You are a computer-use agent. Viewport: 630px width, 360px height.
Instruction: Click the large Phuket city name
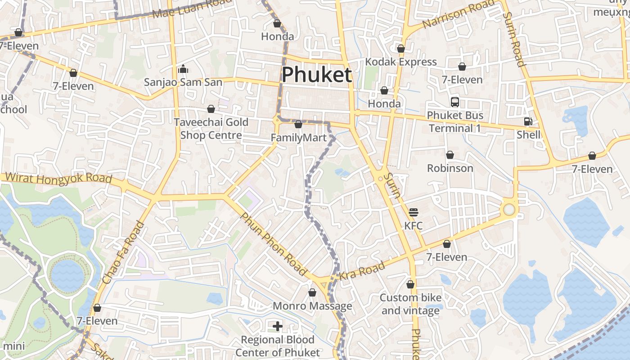click(316, 75)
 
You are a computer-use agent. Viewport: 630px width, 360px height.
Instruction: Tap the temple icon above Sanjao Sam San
click(183, 69)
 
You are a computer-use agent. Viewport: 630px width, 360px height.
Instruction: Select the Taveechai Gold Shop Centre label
click(211, 129)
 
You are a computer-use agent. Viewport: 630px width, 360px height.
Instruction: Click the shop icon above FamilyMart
click(298, 124)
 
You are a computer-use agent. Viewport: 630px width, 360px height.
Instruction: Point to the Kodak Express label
click(400, 62)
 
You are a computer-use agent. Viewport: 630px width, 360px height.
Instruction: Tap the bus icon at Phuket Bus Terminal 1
click(455, 102)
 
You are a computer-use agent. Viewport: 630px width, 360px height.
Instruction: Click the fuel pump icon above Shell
click(528, 121)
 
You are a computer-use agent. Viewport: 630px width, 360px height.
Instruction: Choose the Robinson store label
click(450, 168)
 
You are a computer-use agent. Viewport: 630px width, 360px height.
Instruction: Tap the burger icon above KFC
click(413, 212)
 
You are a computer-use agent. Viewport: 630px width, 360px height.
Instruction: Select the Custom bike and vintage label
click(410, 304)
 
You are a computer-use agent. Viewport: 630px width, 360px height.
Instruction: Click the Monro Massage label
click(312, 306)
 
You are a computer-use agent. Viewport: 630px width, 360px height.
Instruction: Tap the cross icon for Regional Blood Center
click(278, 326)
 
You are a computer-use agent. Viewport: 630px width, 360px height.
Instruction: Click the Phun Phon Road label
click(273, 244)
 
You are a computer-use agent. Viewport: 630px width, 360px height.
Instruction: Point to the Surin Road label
click(514, 40)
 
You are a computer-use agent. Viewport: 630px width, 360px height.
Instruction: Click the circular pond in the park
click(67, 274)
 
